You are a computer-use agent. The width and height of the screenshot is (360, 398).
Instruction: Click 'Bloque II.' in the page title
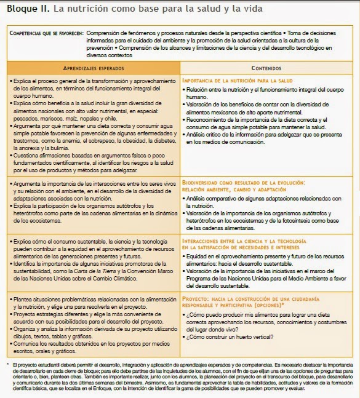pyautogui.click(x=27, y=9)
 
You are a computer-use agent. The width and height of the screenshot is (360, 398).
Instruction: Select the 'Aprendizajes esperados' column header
pyautogui.click(x=93, y=67)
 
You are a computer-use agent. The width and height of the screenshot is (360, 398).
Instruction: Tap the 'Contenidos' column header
pyautogui.click(x=266, y=67)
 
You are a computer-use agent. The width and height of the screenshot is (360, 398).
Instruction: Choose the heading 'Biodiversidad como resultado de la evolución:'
pyautogui.click(x=243, y=183)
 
